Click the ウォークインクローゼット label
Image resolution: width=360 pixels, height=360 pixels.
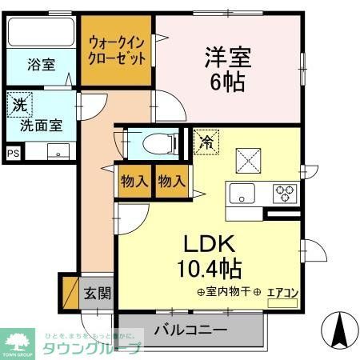[117, 51]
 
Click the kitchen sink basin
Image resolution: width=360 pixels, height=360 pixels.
[242, 193]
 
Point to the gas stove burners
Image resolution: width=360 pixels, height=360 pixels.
[285, 192]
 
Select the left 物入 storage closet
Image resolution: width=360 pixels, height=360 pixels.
[133, 182]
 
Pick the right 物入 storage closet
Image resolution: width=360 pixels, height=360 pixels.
[170, 182]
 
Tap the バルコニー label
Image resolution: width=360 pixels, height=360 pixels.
[190, 329]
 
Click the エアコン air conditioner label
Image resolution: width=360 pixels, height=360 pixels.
[282, 294]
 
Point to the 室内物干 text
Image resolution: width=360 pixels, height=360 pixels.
[224, 293]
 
